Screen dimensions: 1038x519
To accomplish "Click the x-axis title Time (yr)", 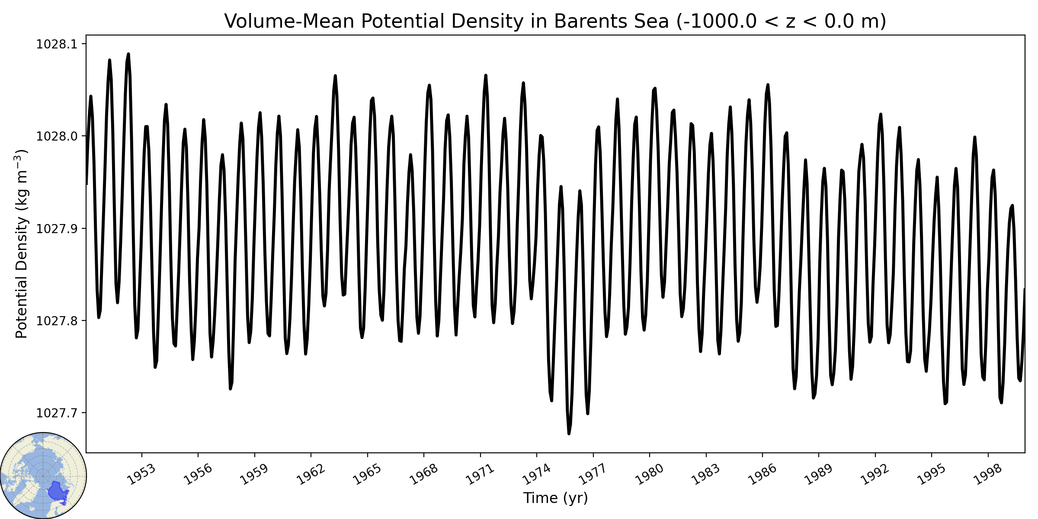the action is [x=555, y=498].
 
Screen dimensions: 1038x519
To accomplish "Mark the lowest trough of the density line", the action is [x=569, y=434].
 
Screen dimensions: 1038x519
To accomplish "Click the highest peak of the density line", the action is [x=128, y=54].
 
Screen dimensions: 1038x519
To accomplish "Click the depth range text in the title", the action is [x=782, y=21].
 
